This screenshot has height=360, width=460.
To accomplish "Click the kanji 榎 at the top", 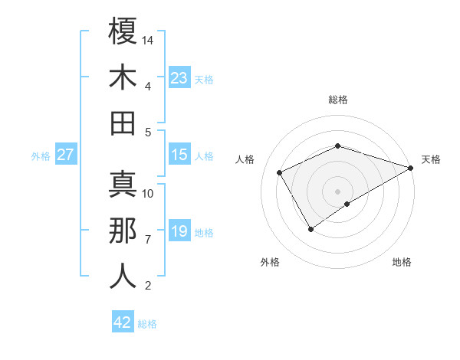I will tap(123, 33).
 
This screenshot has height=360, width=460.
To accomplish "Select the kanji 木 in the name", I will tap(123, 78).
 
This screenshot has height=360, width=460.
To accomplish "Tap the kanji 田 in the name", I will tap(123, 123).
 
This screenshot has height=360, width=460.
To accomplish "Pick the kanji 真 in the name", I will tap(123, 186).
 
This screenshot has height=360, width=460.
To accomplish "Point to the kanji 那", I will tap(123, 231).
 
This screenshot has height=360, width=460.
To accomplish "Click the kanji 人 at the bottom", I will tap(123, 277).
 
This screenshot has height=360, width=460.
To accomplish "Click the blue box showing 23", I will tap(179, 78).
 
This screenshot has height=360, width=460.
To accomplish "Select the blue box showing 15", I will tap(179, 155).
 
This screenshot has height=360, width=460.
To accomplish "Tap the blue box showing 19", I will tap(179, 231).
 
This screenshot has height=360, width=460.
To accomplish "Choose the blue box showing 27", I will tap(66, 155).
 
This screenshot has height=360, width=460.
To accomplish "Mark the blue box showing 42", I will tap(123, 322).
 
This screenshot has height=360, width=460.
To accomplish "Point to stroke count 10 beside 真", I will tap(149, 194).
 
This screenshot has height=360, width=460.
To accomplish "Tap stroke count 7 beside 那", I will tap(148, 240).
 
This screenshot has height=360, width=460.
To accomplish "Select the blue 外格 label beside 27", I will tap(41, 155).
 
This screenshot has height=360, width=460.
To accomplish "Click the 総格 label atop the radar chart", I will tap(337, 100).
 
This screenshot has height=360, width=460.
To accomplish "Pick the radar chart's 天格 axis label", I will tap(431, 159).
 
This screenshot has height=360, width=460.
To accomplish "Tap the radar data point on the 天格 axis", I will tap(412, 168).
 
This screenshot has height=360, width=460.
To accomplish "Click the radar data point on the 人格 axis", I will tap(279, 173).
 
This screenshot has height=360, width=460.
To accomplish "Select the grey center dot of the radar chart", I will tap(337, 190).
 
